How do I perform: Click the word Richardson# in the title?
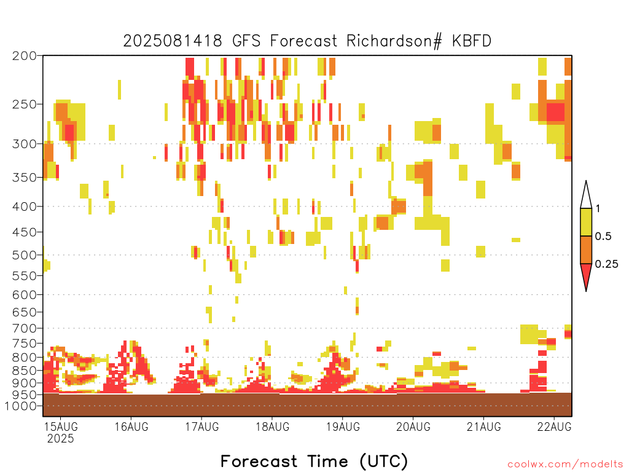tap(394, 41)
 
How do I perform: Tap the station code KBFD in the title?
tap(471, 41)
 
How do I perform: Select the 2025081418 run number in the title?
tap(173, 41)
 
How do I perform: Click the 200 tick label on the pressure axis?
tap(24, 56)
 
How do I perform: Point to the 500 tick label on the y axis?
tap(24, 255)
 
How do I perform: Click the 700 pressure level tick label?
tap(24, 328)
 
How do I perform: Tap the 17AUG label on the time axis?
tap(201, 427)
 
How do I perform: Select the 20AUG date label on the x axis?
tap(413, 427)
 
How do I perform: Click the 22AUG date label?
tap(554, 427)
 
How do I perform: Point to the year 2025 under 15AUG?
tap(61, 438)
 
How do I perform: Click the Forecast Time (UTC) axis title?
tap(314, 462)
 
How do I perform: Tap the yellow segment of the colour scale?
tap(586, 222)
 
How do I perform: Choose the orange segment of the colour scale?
tap(586, 250)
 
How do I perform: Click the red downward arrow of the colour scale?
tap(586, 276)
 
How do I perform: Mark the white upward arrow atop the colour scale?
tap(586, 196)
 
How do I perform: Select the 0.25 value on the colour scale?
tap(606, 264)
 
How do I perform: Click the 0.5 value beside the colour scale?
tap(603, 236)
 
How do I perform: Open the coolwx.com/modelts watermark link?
tap(565, 465)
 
